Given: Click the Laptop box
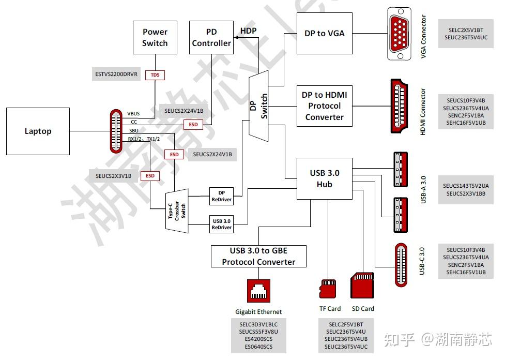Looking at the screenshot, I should pyautogui.click(x=38, y=131).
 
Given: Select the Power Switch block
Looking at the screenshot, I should pyautogui.click(x=155, y=38).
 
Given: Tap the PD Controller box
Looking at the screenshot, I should pyautogui.click(x=211, y=38).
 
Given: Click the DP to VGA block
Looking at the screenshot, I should pyautogui.click(x=325, y=34).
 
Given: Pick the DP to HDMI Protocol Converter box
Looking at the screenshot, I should pyautogui.click(x=324, y=106).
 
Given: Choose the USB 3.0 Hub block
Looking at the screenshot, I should pyautogui.click(x=324, y=178).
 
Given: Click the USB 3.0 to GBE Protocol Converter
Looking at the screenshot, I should pyautogui.click(x=258, y=256).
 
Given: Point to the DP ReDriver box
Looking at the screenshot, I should pyautogui.click(x=221, y=196).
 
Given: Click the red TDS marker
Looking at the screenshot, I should pyautogui.click(x=155, y=75).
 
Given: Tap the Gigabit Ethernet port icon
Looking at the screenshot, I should pyautogui.click(x=258, y=291).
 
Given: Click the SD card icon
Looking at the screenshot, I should pyautogui.click(x=362, y=287).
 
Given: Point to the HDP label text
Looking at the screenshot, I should pyautogui.click(x=248, y=31).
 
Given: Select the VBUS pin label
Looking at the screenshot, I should pyautogui.click(x=133, y=113).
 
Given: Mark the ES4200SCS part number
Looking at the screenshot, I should pyautogui.click(x=258, y=339).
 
